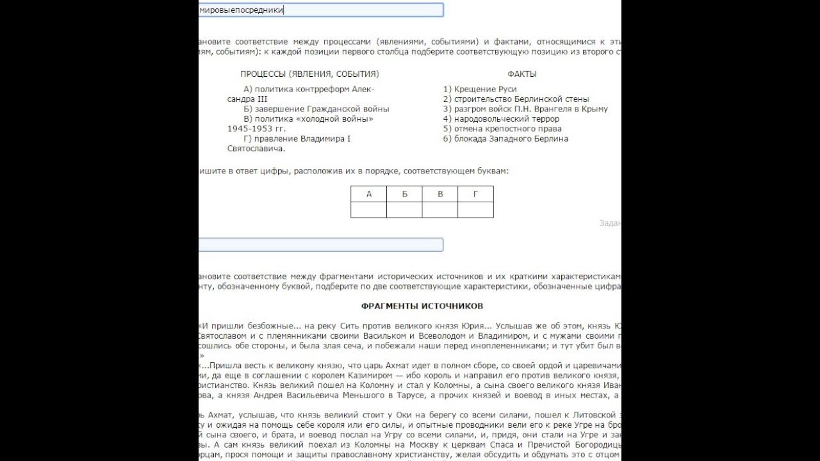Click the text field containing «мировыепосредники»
pyautogui.click(x=320, y=10)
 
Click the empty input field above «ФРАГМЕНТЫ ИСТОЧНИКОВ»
pyautogui.click(x=320, y=245)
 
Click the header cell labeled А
pyautogui.click(x=368, y=194)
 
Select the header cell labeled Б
pyautogui.click(x=404, y=194)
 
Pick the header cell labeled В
pyautogui.click(x=440, y=194)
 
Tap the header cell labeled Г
pyautogui.click(x=475, y=194)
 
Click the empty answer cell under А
pyautogui.click(x=368, y=209)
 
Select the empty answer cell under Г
pyautogui.click(x=475, y=209)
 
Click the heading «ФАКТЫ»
pyautogui.click(x=522, y=74)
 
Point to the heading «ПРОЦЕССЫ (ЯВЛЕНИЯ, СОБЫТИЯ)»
pyautogui.click(x=309, y=74)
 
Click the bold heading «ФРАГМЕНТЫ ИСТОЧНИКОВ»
pyautogui.click(x=422, y=306)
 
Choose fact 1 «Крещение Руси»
pyautogui.click(x=480, y=89)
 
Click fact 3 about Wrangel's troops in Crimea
pyautogui.click(x=525, y=109)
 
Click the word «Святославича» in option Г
pyautogui.click(x=255, y=149)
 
